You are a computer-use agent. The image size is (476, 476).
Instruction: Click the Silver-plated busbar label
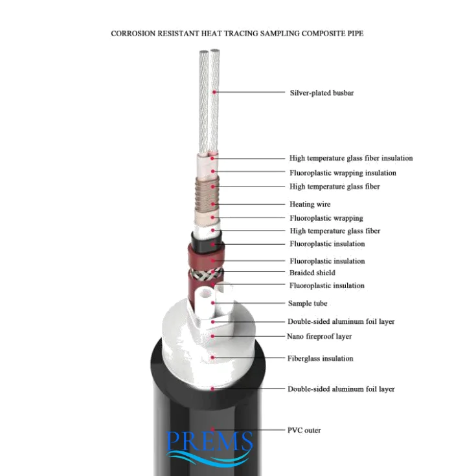click(321, 93)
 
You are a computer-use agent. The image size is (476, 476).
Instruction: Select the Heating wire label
click(310, 204)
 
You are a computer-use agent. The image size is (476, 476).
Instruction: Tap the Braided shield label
click(312, 273)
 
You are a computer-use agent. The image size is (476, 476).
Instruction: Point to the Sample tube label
click(308, 303)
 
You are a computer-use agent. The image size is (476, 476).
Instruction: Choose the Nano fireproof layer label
click(319, 336)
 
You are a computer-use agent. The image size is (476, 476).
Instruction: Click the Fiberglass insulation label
click(320, 358)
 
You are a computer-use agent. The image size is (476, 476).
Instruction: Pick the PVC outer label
click(304, 430)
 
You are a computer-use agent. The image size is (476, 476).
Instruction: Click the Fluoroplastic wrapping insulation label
click(343, 173)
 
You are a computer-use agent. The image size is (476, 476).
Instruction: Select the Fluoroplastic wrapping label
click(326, 218)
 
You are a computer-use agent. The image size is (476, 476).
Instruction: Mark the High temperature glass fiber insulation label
click(350, 158)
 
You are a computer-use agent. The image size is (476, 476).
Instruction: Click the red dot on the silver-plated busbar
click(214, 93)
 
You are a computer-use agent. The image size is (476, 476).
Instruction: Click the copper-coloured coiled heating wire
click(207, 188)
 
